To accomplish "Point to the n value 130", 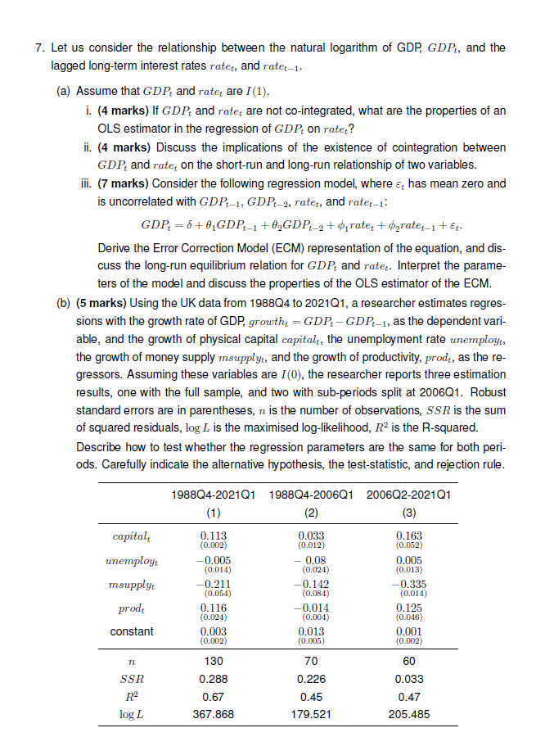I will click(x=214, y=660).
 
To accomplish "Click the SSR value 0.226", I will click(x=311, y=679).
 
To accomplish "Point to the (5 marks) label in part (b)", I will click(x=101, y=302).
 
